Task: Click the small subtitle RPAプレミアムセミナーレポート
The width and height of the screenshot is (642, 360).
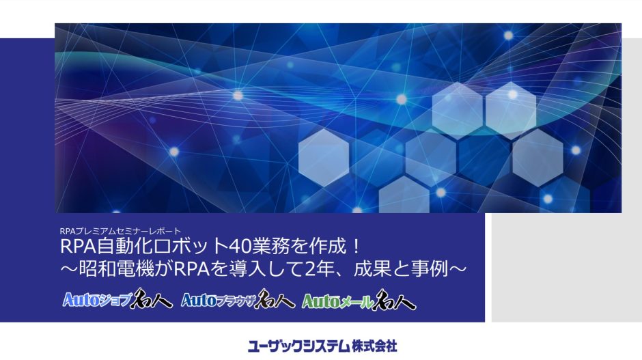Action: click(x=120, y=232)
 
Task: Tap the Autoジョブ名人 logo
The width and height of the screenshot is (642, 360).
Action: click(x=117, y=299)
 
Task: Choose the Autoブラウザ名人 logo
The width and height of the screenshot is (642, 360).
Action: click(x=238, y=300)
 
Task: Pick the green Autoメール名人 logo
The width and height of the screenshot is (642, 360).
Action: click(x=359, y=301)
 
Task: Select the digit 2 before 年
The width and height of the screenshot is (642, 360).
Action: click(x=310, y=270)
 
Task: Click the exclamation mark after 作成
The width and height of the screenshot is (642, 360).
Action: click(x=357, y=247)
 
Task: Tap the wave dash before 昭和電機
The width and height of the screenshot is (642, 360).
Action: click(x=69, y=270)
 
